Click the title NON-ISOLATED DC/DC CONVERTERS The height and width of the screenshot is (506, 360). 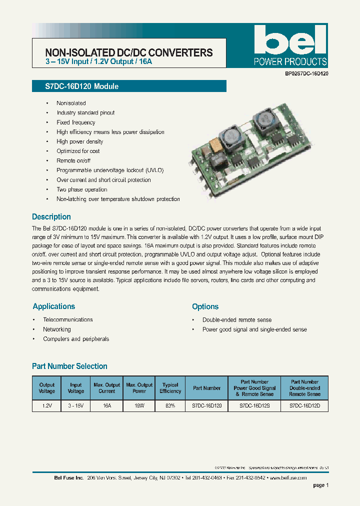click(129, 52)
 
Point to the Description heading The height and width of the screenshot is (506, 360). click(51, 217)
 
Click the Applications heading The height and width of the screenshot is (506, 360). click(53, 306)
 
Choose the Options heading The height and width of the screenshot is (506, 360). click(205, 306)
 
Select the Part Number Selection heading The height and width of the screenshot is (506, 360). click(69, 366)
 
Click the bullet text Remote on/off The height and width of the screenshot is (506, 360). click(73, 160)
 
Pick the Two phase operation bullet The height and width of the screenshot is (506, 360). click(82, 189)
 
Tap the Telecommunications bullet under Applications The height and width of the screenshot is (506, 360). click(68, 319)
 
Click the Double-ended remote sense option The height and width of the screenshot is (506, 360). click(237, 319)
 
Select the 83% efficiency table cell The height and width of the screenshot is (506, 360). click(170, 407)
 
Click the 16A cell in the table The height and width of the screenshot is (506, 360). click(107, 407)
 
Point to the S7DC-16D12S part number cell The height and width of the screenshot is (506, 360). click(254, 407)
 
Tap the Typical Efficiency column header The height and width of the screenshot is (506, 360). click(170, 388)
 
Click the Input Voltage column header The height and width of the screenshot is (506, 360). click(76, 388)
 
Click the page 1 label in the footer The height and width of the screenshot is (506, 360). click(320, 485)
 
